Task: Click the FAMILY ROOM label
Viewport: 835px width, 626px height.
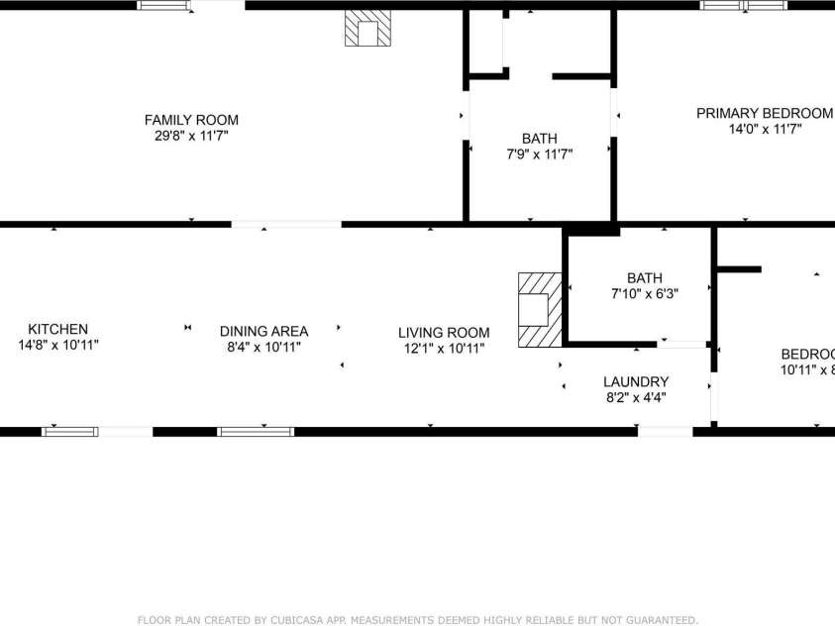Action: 191,120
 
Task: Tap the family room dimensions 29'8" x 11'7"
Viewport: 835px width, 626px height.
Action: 191,136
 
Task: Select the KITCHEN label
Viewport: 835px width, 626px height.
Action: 57,329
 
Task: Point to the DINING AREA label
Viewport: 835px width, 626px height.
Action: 263,331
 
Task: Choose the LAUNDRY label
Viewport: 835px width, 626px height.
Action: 636,381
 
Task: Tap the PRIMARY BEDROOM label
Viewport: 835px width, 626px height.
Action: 764,113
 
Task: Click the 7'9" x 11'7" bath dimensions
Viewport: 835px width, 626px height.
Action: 539,154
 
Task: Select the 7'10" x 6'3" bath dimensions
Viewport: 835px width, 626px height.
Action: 644,294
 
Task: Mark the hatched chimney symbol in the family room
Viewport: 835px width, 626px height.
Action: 367,30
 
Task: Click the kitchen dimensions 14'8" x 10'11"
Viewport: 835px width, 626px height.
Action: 57,345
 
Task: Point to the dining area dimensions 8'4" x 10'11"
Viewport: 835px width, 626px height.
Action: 263,347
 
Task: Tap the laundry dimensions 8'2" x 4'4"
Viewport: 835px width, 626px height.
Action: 636,397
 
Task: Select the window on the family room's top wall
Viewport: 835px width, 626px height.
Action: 162,5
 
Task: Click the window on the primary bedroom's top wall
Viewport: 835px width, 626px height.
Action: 744,5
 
